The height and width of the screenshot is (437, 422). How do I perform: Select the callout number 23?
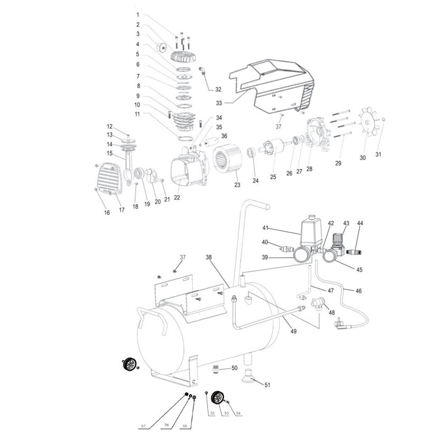(x=237, y=185)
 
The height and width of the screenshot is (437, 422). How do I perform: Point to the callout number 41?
(x=266, y=228)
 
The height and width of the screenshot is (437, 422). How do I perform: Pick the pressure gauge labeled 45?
(x=331, y=257)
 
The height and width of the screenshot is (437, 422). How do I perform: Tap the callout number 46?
(x=359, y=291)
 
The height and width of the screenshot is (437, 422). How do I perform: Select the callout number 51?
(x=267, y=385)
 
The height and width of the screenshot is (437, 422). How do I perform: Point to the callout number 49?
(x=294, y=331)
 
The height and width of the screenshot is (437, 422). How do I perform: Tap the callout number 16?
(x=107, y=213)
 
